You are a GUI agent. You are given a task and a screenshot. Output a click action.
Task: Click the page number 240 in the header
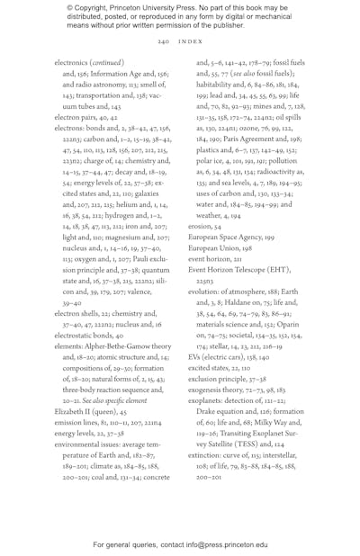164,41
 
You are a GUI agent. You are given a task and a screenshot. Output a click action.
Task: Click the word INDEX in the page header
190,41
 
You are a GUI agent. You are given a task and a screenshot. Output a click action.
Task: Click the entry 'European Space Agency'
229,237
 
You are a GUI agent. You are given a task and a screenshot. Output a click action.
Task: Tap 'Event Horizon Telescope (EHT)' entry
240,269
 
